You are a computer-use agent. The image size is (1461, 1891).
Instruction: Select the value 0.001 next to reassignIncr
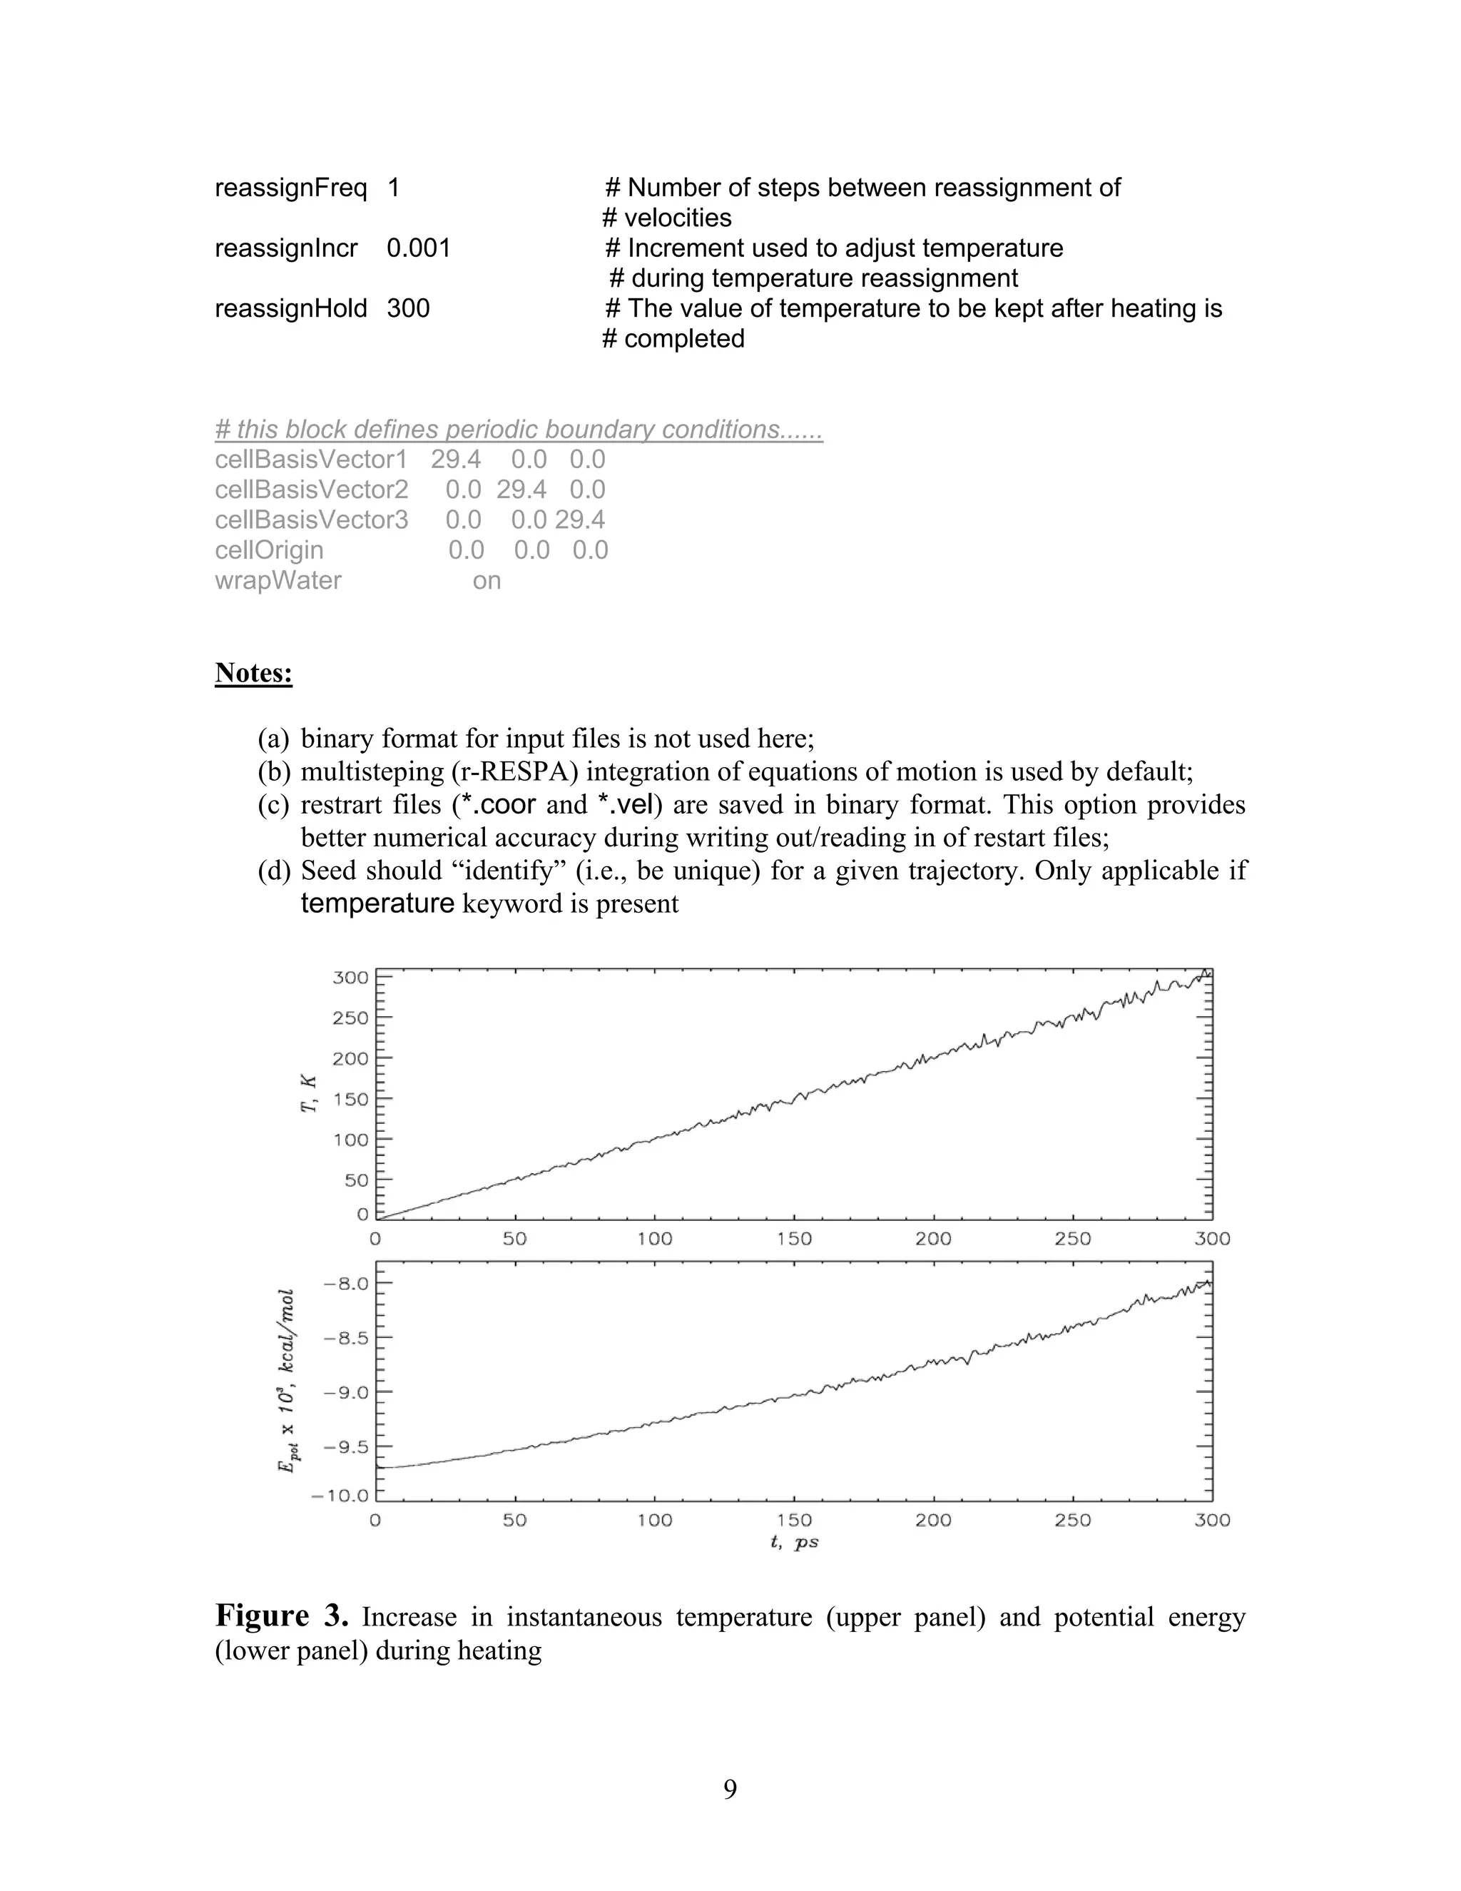coord(418,248)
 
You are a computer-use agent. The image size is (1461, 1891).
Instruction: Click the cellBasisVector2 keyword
coord(311,490)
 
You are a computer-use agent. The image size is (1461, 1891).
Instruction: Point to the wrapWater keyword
coord(278,580)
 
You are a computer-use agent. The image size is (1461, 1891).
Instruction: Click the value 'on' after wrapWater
coord(487,580)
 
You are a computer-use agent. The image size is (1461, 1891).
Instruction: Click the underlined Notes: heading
coord(253,673)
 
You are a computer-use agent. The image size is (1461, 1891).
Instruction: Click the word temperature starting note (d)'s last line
coord(377,904)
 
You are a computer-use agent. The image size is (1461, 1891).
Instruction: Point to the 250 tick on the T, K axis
coord(350,1018)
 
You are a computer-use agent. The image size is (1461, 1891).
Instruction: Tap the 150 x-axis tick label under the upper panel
coord(794,1239)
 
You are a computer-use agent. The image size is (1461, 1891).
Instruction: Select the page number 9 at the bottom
coord(730,1789)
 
